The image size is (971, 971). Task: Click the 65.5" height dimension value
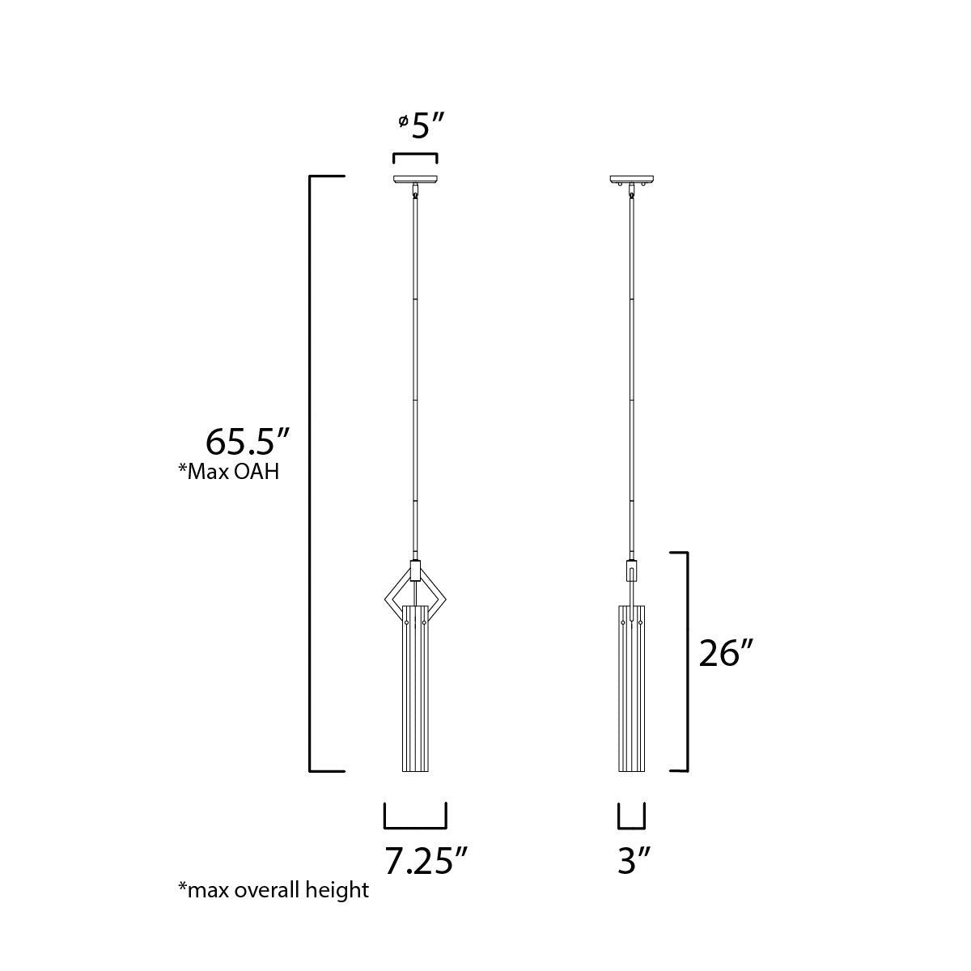pos(248,442)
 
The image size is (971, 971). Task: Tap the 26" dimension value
pos(726,654)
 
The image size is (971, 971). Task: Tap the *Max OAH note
pos(229,472)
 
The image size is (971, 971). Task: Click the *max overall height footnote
pos(273,904)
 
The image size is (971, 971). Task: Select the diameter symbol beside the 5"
pos(403,121)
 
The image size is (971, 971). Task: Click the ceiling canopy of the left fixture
pos(415,180)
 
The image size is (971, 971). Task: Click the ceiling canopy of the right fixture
pos(631,180)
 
